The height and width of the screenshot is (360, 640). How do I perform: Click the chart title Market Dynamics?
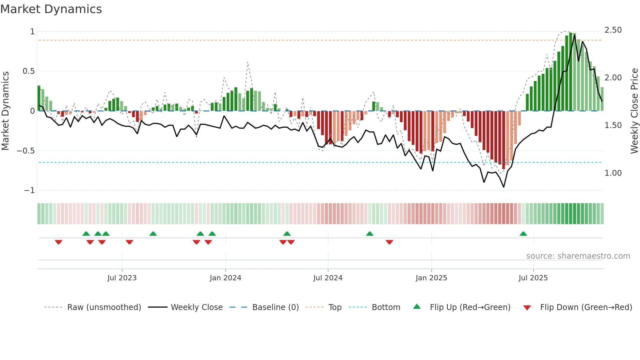tap(51, 9)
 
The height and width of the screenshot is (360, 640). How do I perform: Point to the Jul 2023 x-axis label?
tap(122, 278)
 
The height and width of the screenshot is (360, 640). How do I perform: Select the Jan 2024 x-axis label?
tap(225, 278)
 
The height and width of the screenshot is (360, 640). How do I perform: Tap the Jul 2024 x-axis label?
tap(328, 278)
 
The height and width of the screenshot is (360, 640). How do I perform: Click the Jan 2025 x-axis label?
tap(431, 278)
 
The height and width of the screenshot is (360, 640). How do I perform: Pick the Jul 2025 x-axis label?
tap(533, 278)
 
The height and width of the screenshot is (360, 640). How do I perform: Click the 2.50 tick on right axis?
tap(613, 30)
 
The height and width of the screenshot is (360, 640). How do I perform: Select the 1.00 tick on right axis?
tap(613, 173)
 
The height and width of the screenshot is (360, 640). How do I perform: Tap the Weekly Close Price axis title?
tap(634, 111)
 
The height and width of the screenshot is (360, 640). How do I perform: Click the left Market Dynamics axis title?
tap(5, 111)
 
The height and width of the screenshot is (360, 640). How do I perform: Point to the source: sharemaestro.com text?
tap(578, 256)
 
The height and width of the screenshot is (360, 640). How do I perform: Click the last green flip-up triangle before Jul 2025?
tap(523, 234)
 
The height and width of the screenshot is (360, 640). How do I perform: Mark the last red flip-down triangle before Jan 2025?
tap(389, 242)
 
